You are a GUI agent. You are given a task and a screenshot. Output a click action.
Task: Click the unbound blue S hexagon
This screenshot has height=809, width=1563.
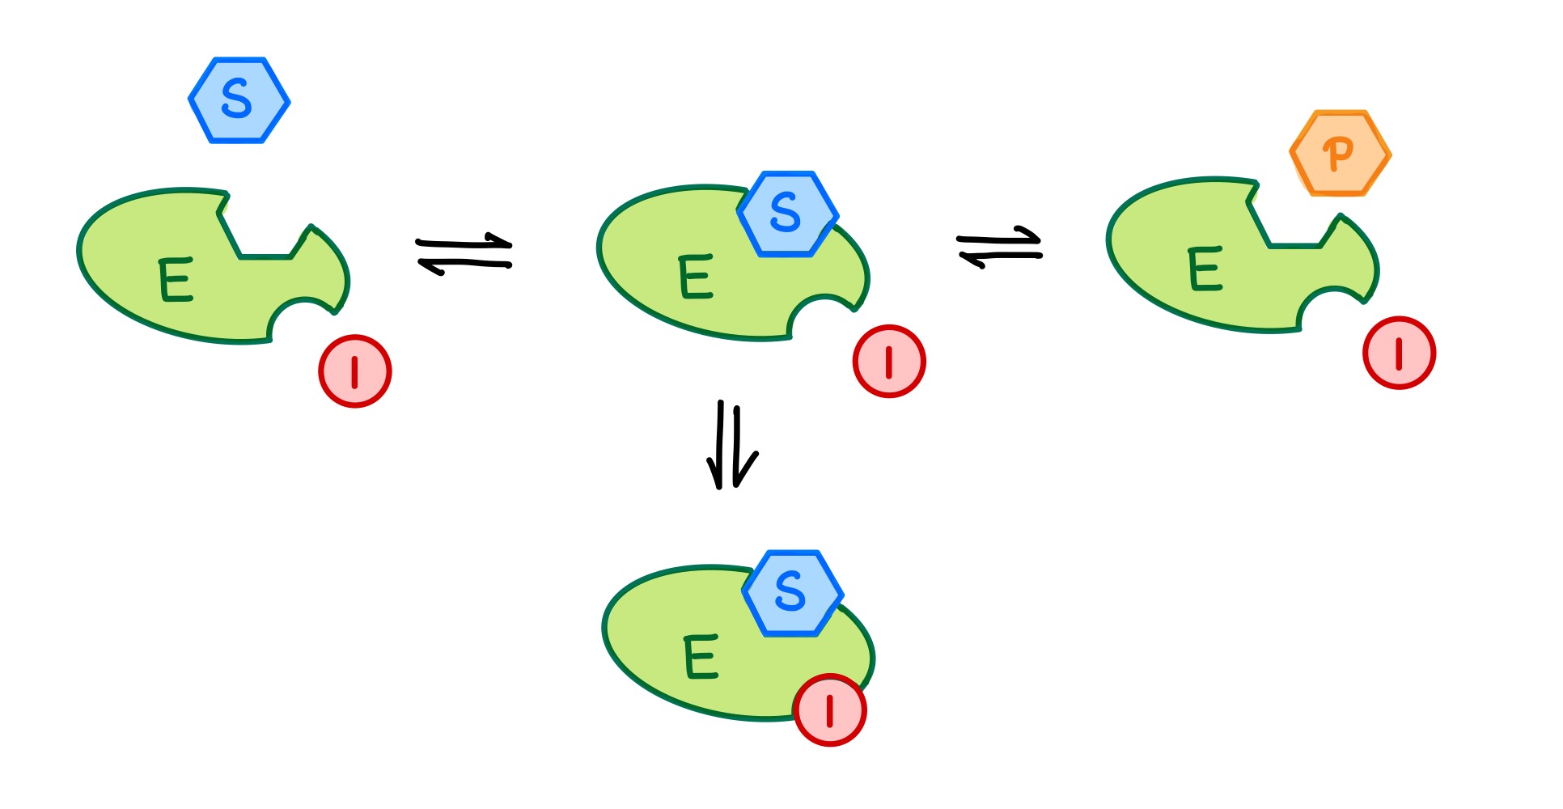tap(239, 100)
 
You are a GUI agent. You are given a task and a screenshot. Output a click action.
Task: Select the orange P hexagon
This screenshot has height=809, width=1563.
tap(1341, 154)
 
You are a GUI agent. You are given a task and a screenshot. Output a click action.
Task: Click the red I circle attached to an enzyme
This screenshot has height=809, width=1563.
tap(830, 710)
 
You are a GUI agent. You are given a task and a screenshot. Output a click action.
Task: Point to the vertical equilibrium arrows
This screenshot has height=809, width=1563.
tap(731, 445)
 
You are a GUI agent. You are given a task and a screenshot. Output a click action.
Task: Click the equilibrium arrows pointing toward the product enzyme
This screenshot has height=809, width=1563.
tap(999, 247)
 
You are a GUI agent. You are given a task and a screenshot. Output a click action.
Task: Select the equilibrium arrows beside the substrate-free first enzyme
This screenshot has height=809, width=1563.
tap(464, 254)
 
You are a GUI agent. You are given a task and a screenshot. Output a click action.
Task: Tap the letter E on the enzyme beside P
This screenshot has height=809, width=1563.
tap(1204, 269)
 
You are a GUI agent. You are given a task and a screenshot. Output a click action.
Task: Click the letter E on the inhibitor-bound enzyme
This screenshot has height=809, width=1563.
tap(701, 656)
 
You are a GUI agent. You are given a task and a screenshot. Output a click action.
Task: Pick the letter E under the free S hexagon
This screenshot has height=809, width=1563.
tap(176, 279)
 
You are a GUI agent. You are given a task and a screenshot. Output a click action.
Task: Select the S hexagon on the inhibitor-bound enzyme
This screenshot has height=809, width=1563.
tap(793, 594)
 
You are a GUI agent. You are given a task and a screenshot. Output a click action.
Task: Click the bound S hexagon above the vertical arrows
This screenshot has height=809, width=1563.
tap(788, 214)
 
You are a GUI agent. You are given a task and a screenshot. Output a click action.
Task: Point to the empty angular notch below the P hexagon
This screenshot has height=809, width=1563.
tap(1294, 222)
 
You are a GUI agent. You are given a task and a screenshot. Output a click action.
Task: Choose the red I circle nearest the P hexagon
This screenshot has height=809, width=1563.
tap(1399, 353)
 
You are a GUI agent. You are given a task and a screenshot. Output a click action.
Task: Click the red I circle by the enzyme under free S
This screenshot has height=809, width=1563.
tap(354, 371)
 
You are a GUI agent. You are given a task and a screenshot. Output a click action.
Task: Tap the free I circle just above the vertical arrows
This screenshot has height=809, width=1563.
tap(889, 362)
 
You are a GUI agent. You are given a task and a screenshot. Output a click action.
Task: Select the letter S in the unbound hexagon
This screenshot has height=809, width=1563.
tap(236, 100)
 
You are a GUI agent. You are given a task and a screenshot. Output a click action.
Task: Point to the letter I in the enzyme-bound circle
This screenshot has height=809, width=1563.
tap(829, 710)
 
